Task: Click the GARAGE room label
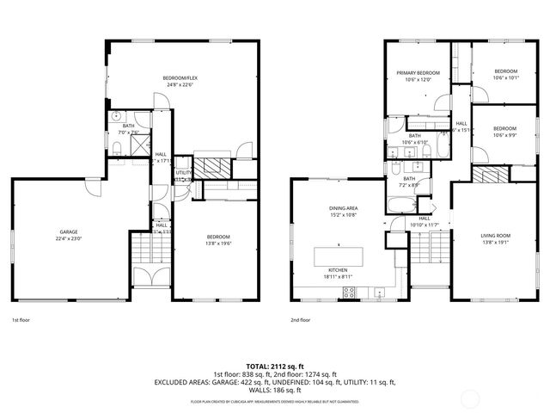pyautogui.click(x=70, y=232)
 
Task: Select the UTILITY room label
pyautogui.click(x=183, y=173)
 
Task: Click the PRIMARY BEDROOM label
pyautogui.click(x=418, y=73)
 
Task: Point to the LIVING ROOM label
pyautogui.click(x=495, y=234)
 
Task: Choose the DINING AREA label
pyautogui.click(x=343, y=207)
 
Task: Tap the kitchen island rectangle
pyautogui.click(x=343, y=256)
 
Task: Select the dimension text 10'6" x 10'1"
pyautogui.click(x=505, y=77)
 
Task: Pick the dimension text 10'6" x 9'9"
pyautogui.click(x=505, y=134)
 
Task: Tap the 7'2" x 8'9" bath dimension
pyautogui.click(x=409, y=185)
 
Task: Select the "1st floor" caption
pyautogui.click(x=22, y=319)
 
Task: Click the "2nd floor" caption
pyautogui.click(x=302, y=319)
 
